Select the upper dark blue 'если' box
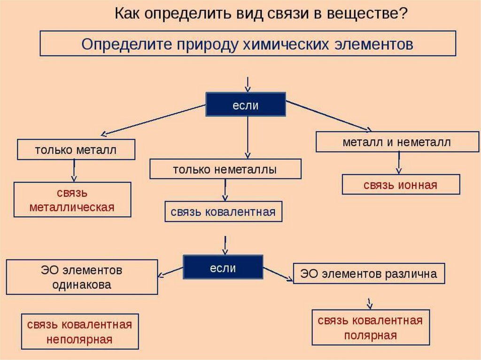pyautogui.click(x=246, y=104)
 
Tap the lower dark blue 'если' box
pyautogui.click(x=223, y=268)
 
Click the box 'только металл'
pyautogui.click(x=76, y=150)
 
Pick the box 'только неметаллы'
pyautogui.click(x=225, y=169)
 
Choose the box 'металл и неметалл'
pyautogui.click(x=396, y=142)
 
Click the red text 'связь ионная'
pyautogui.click(x=400, y=185)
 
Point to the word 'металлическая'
pyautogui.click(x=72, y=207)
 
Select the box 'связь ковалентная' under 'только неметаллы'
pyautogui.click(x=223, y=212)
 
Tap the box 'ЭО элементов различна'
pyautogui.click(x=368, y=274)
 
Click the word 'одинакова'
pyautogui.click(x=82, y=285)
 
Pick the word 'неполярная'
pyautogui.click(x=79, y=339)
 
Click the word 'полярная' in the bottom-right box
pyautogui.click(x=371, y=336)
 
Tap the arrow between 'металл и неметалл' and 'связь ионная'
pyautogui.click(x=398, y=163)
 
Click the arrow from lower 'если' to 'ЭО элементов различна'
pyautogui.click(x=278, y=274)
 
